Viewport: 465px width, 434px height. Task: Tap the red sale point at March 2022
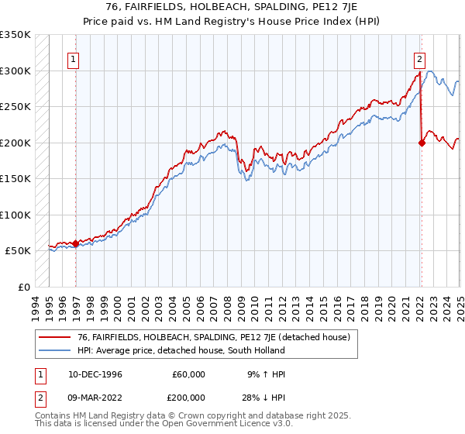click(x=422, y=143)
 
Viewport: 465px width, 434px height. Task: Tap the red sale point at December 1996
click(x=75, y=243)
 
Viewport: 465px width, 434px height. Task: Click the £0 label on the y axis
click(x=23, y=287)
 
